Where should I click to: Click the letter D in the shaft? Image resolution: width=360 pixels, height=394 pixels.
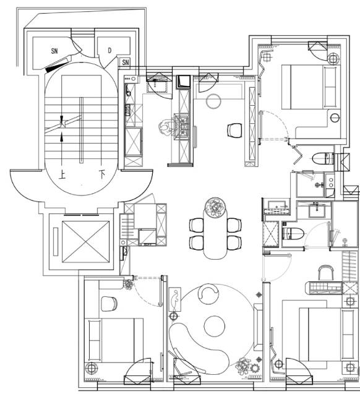click(x=109, y=51)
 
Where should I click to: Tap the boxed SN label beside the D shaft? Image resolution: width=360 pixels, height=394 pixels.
click(x=126, y=62)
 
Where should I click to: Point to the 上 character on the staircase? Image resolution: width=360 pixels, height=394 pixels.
click(x=62, y=174)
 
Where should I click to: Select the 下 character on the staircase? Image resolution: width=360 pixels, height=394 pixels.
click(x=101, y=174)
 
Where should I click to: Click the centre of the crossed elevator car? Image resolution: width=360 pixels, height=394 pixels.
click(x=85, y=242)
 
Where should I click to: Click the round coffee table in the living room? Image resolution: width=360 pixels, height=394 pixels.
click(x=214, y=326)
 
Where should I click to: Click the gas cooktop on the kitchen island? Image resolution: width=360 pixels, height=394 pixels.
click(x=182, y=126)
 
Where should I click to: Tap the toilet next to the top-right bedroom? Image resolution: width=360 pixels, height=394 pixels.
click(x=323, y=159)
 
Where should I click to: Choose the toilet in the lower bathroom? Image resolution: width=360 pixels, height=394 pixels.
click(x=293, y=233)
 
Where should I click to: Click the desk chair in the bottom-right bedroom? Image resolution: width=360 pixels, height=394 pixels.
click(x=326, y=272)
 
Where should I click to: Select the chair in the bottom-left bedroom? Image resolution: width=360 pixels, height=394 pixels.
click(x=109, y=304)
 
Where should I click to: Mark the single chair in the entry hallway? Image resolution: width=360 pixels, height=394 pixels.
click(x=235, y=131)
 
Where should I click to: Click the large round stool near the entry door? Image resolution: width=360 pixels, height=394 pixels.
click(x=213, y=101)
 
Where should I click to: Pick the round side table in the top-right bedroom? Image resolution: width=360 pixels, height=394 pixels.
click(x=335, y=118)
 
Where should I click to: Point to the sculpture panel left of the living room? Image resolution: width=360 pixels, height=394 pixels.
click(x=175, y=299)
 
